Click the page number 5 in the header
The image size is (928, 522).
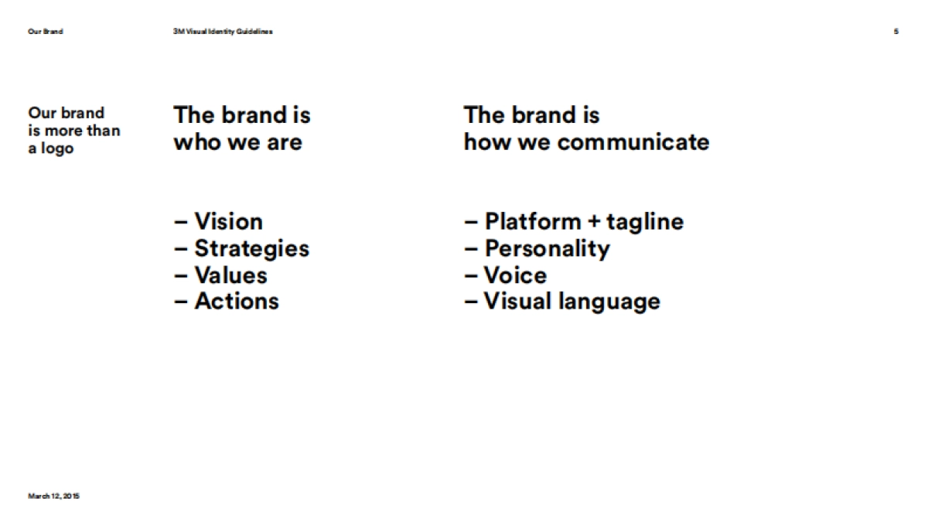tap(896, 32)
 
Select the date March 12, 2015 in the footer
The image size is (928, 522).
tap(53, 496)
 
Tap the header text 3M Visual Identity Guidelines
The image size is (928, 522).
tap(223, 32)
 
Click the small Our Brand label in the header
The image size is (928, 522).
tap(46, 32)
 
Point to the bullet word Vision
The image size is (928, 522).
tap(228, 222)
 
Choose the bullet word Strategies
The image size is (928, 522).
tap(251, 249)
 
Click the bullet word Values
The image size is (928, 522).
tap(230, 275)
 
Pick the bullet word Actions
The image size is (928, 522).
tap(237, 301)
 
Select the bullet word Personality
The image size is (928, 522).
tap(547, 249)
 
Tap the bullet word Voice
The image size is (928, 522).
tap(515, 275)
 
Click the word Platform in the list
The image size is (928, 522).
tap(532, 222)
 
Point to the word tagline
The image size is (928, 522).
tap(645, 223)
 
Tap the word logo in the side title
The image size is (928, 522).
tap(57, 148)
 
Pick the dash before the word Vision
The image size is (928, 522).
tap(181, 223)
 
